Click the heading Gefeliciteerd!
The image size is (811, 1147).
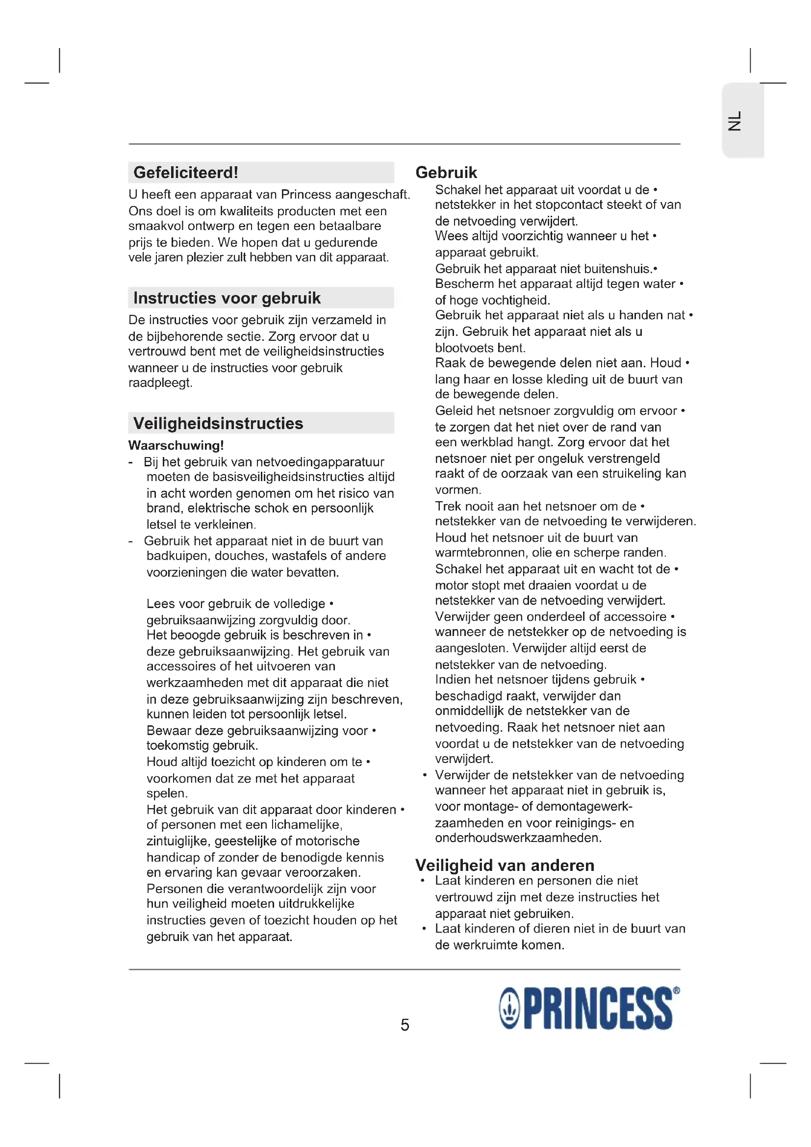coord(186,172)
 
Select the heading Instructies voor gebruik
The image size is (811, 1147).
coord(227,298)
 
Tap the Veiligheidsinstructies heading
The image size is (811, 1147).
coord(218,423)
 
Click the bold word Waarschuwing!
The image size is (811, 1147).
coord(176,445)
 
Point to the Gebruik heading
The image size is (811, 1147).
coord(446,172)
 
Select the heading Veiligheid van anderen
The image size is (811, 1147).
coord(505,865)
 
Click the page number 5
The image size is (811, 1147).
coord(405,1024)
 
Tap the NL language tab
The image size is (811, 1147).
coord(735,121)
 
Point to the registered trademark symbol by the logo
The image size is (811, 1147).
coord(676,991)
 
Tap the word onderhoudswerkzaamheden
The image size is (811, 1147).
coord(518,838)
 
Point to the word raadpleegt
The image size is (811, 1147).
coord(160,383)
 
